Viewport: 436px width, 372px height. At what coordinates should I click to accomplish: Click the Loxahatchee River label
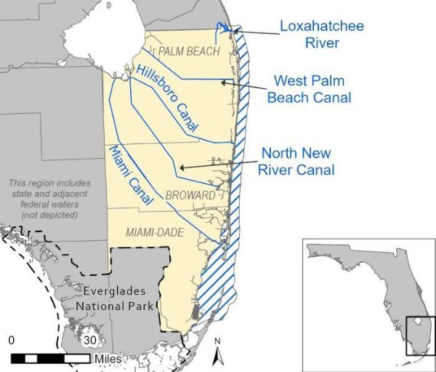tap(322, 34)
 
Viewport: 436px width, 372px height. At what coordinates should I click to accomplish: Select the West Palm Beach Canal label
tap(309, 88)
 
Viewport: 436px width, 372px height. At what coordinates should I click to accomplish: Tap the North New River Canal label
tap(296, 162)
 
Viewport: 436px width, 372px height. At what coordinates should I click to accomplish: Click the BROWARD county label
tap(190, 195)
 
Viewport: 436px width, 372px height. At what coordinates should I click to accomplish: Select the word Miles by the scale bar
tap(108, 359)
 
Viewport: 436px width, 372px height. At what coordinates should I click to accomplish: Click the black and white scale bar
tap(50, 358)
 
